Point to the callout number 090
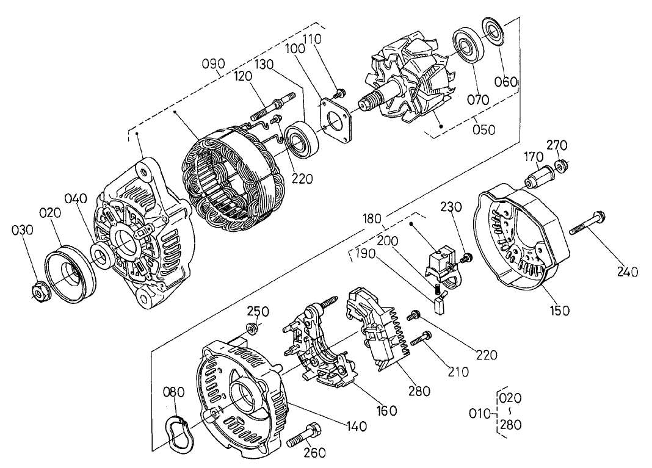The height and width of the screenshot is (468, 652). pos(214,64)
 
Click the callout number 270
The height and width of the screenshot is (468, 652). pos(556,145)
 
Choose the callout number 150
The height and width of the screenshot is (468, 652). pos(559,310)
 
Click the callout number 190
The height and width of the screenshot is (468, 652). pos(366,257)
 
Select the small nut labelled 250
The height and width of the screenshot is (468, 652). pos(251,331)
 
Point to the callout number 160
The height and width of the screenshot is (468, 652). pos(386,410)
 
